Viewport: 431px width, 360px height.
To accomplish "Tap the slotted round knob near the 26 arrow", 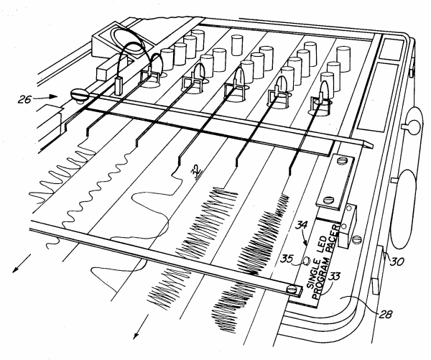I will [78, 94].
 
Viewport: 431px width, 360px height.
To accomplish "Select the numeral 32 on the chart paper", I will [195, 170].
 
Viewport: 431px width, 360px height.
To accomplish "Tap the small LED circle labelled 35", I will [305, 262].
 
